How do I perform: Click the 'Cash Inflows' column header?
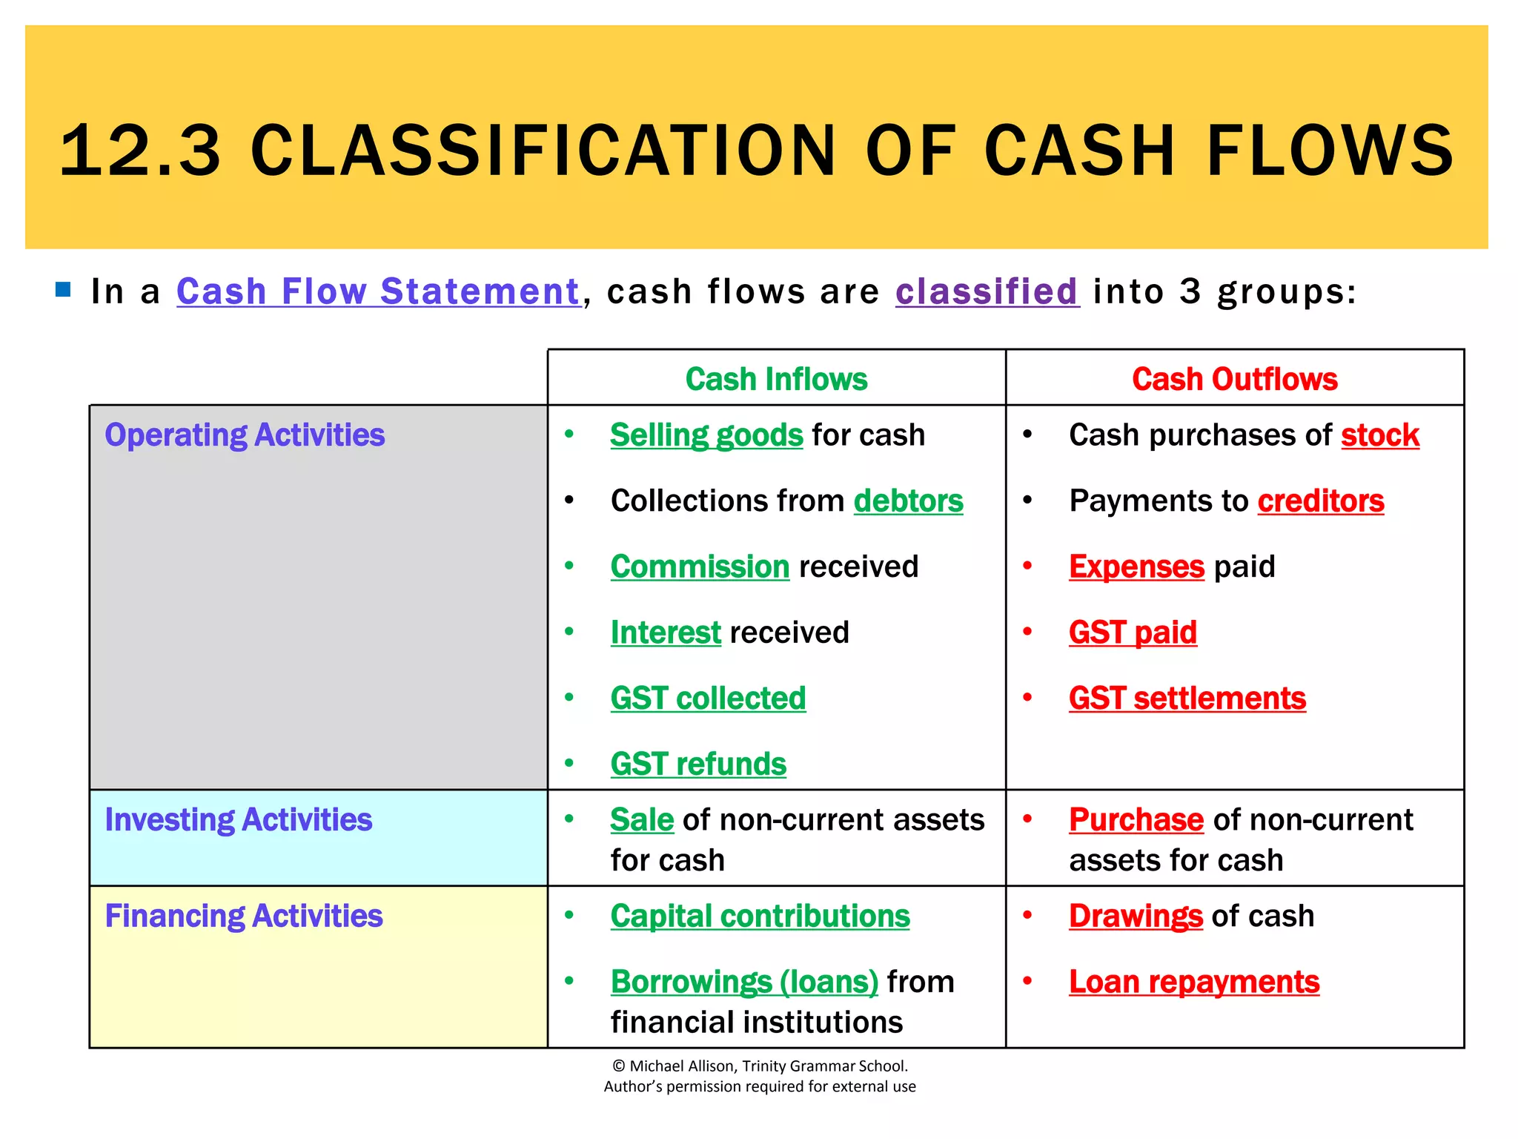(776, 379)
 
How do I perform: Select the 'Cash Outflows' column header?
(1234, 379)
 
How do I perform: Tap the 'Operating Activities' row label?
(245, 435)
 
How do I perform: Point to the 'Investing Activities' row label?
(238, 819)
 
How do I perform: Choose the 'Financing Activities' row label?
(244, 916)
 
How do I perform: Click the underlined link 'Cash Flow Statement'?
(378, 291)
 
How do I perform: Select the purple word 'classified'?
(987, 291)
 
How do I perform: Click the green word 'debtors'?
(908, 501)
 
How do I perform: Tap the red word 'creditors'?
(1321, 501)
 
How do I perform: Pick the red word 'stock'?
(1380, 435)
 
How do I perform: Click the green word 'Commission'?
(700, 567)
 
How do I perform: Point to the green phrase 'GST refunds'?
(698, 764)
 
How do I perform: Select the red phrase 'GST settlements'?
(1187, 699)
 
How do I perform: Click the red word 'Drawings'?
(1136, 916)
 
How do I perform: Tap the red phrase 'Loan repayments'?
(1194, 982)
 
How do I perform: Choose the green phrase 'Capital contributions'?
(760, 916)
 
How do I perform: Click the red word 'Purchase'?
(1136, 819)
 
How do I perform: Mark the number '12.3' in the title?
(140, 151)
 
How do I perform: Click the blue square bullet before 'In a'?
(63, 289)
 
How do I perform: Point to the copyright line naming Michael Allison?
(760, 1066)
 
